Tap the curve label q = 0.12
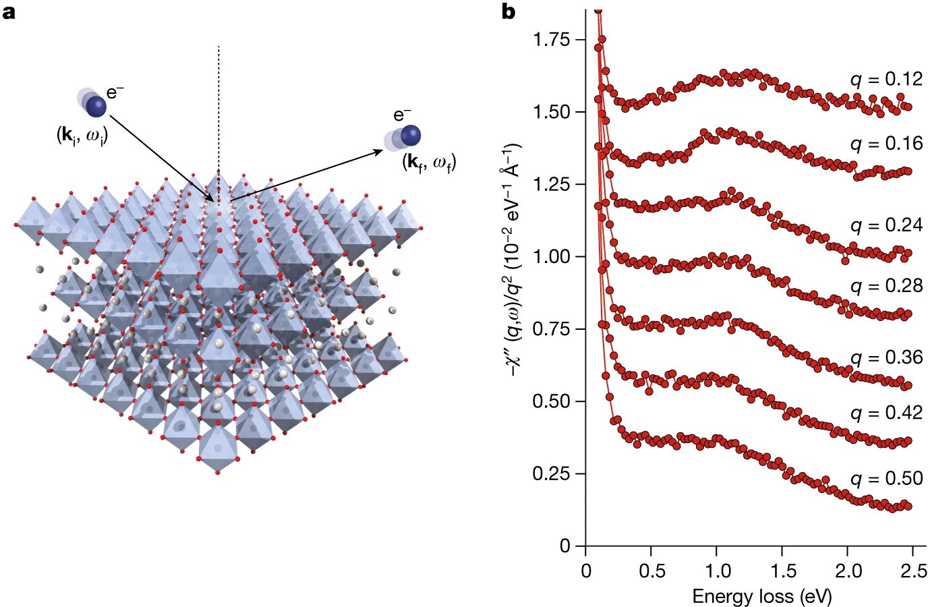(886, 79)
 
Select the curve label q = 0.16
(886, 144)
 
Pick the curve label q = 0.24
(886, 225)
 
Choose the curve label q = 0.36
(886, 357)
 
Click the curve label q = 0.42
(886, 412)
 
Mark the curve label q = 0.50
(886, 478)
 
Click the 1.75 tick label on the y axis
(551, 40)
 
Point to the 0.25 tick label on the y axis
(551, 473)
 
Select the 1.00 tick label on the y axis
(551, 257)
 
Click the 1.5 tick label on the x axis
(782, 571)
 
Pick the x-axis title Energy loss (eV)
(761, 596)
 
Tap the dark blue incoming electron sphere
(96, 106)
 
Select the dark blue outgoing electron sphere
(410, 136)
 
